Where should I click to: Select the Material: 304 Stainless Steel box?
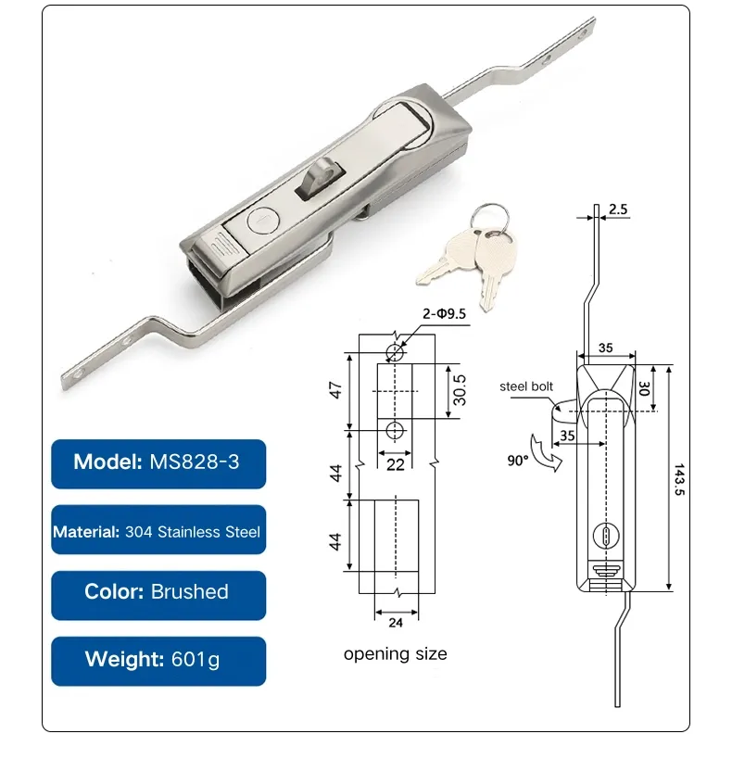[x=158, y=532]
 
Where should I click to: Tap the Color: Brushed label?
[x=158, y=592]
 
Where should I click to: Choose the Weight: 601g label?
[x=158, y=660]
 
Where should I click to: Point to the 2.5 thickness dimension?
[x=619, y=210]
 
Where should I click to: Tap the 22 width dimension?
[x=396, y=463]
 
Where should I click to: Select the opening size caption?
[x=395, y=654]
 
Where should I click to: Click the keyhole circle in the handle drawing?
[x=604, y=535]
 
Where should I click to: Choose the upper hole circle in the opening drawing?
[x=396, y=351]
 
